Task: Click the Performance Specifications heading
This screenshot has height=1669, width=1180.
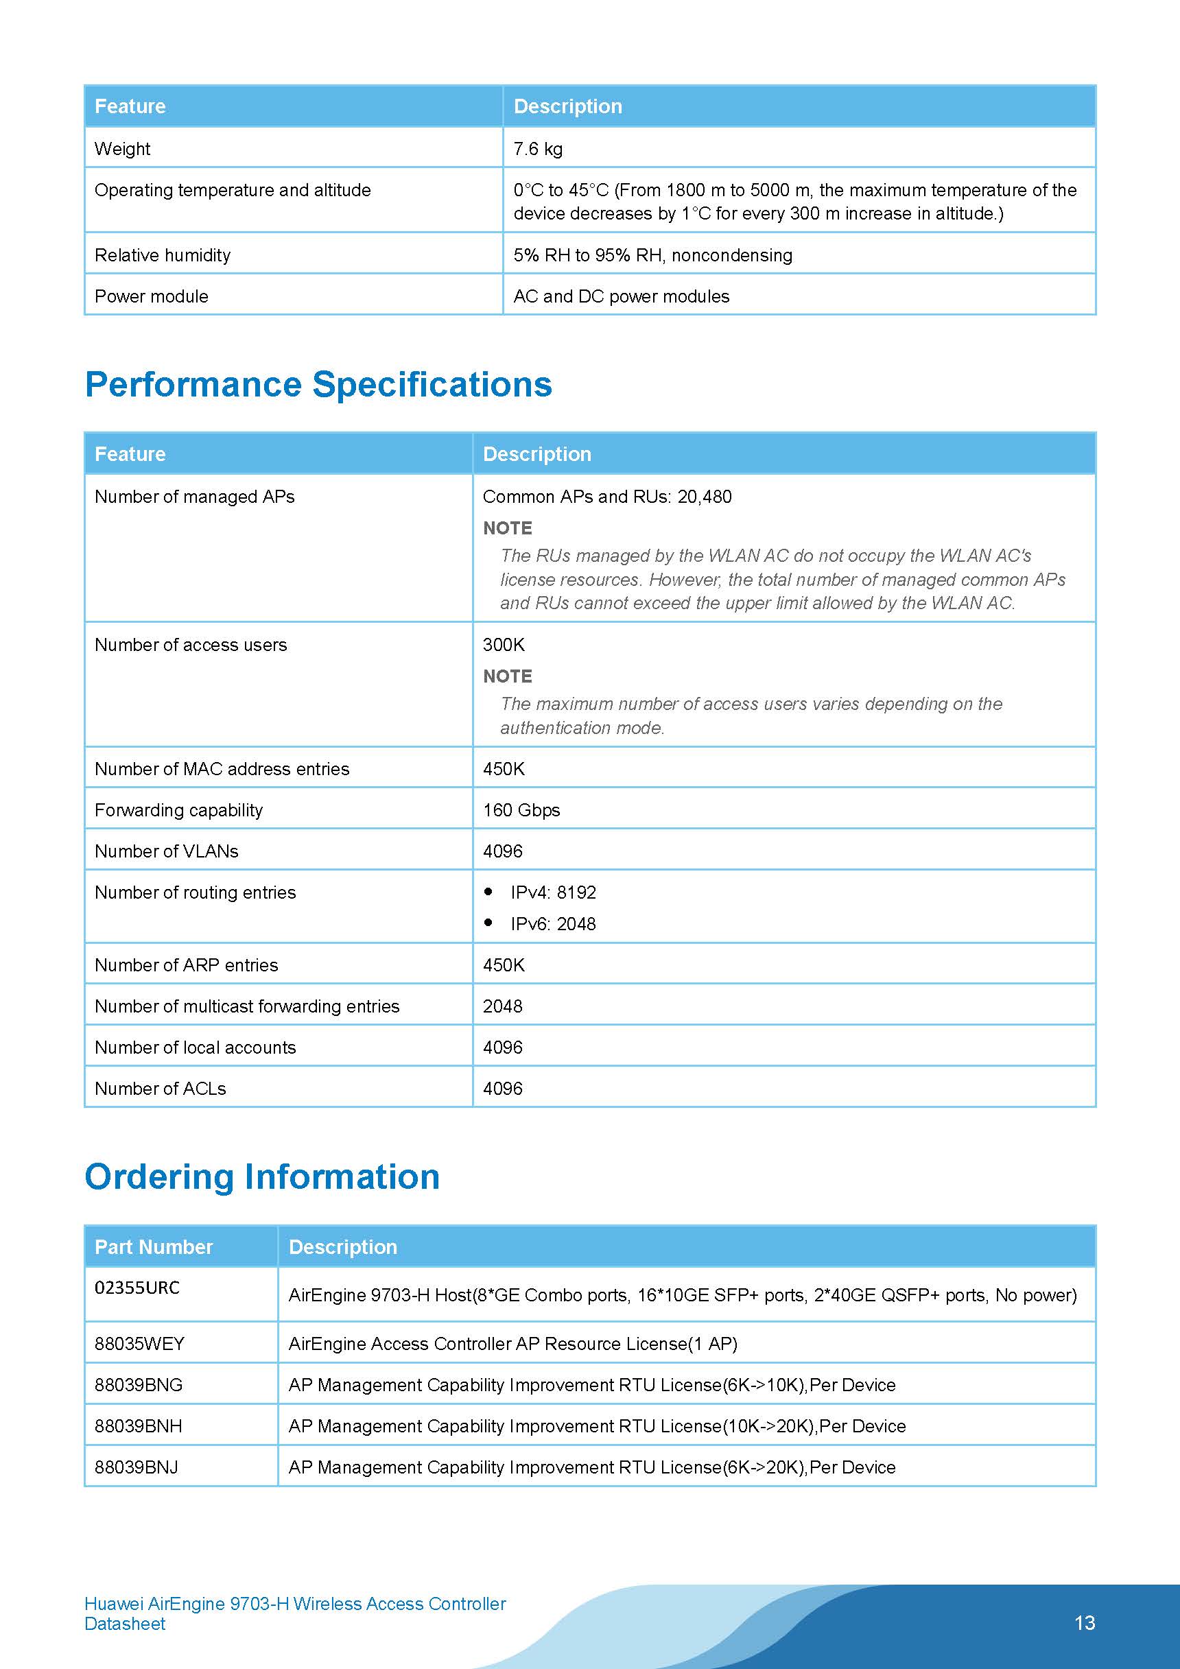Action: point(318,384)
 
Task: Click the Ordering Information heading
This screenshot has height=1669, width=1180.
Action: point(262,1176)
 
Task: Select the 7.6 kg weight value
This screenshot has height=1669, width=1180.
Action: point(537,148)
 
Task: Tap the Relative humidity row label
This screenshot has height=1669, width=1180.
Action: point(162,255)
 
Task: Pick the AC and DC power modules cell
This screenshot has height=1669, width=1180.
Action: point(621,296)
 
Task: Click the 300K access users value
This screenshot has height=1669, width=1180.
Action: point(503,645)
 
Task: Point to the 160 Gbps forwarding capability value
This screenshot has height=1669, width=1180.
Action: point(521,809)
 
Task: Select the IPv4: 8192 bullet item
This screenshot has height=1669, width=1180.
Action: point(552,892)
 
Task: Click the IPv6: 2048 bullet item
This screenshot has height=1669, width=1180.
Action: point(552,924)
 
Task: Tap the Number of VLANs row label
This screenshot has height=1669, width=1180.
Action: point(167,851)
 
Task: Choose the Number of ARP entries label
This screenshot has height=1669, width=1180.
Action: point(186,964)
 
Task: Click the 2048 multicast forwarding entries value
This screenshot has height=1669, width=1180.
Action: point(502,1006)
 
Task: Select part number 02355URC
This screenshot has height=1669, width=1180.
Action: point(137,1288)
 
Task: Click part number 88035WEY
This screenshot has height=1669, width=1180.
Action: point(139,1343)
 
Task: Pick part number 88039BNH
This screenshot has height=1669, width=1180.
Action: point(138,1425)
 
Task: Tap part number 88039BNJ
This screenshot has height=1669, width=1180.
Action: point(136,1467)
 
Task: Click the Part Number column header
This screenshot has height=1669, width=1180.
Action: point(154,1246)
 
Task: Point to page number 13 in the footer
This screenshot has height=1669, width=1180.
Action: point(1084,1622)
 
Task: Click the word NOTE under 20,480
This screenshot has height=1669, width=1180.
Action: point(508,528)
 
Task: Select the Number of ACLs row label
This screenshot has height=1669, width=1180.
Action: point(160,1088)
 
